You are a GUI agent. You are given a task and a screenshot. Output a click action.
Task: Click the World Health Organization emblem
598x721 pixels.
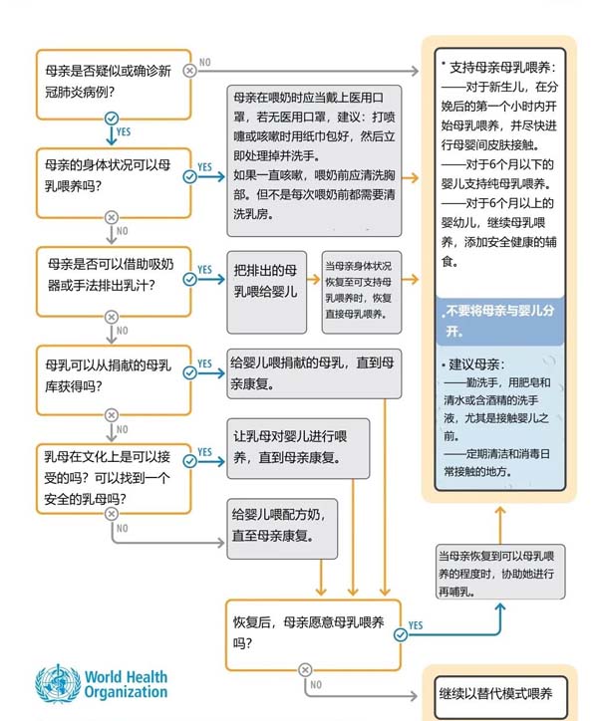click(58, 684)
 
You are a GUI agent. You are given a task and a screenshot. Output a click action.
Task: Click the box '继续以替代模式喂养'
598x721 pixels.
click(499, 693)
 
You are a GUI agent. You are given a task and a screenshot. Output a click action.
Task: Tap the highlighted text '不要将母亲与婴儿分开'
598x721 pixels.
click(498, 321)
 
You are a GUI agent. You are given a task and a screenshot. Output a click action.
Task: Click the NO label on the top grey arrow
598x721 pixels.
click(205, 62)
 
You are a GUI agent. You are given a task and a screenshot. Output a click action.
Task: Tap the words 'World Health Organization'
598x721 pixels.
click(126, 684)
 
